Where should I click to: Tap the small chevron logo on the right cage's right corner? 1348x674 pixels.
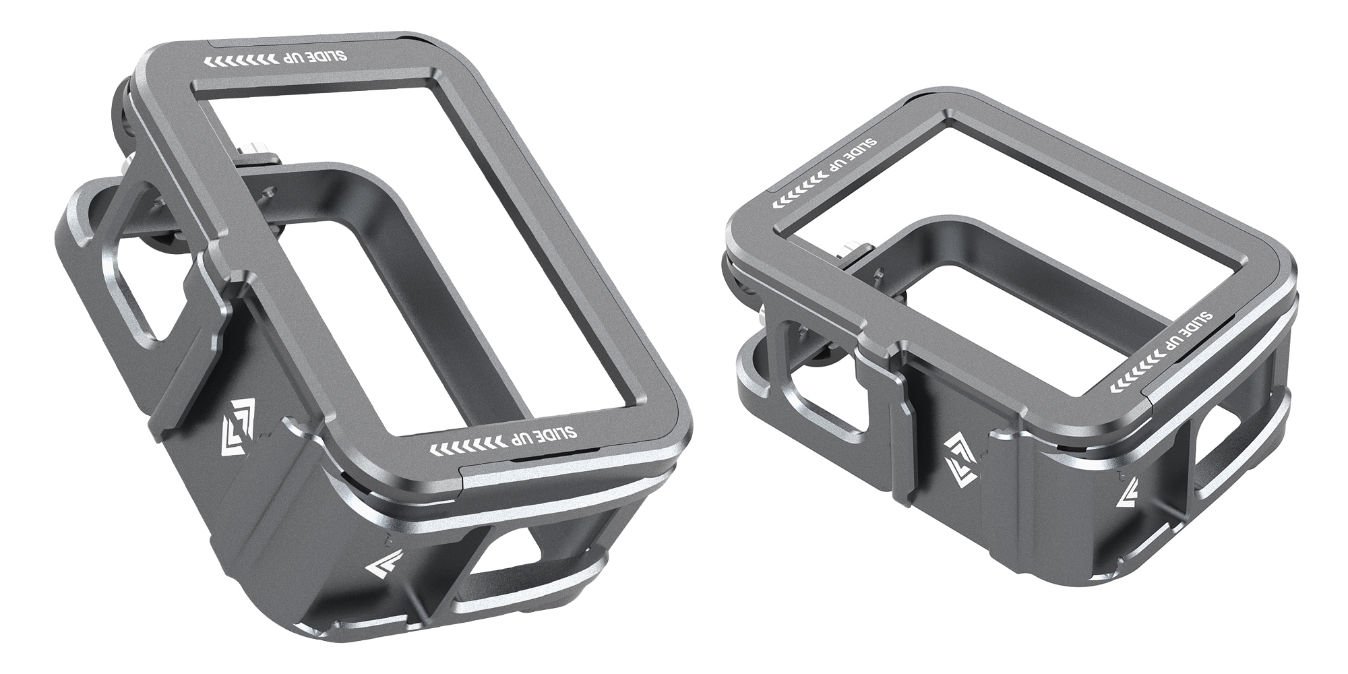coord(1128,503)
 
